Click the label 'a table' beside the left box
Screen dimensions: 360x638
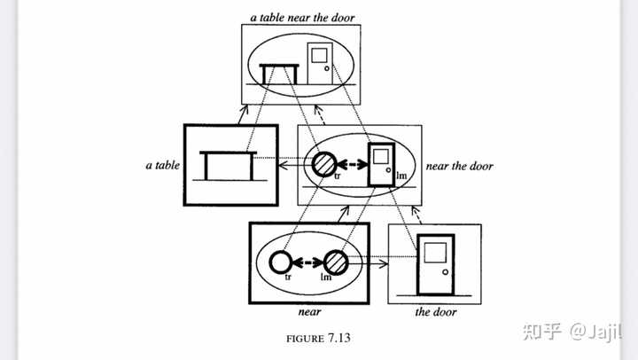click(160, 165)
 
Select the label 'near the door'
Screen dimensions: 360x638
click(459, 166)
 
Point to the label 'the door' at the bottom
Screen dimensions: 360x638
click(434, 311)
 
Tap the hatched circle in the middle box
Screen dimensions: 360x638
click(323, 164)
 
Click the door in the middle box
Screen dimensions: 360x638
click(382, 164)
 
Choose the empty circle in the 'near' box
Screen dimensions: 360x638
click(281, 262)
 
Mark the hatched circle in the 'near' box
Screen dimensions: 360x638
click(336, 262)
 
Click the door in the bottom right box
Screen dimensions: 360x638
click(435, 263)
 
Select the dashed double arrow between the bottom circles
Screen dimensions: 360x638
click(308, 262)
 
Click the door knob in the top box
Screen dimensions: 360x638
click(327, 68)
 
